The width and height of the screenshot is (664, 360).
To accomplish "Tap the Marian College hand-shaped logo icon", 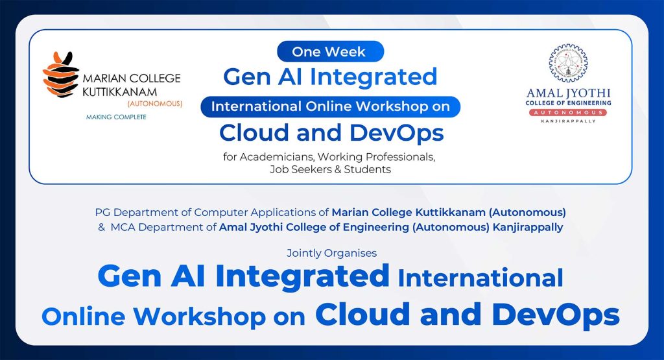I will pos(61,74).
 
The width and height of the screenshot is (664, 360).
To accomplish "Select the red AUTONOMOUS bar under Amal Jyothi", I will pos(568,112).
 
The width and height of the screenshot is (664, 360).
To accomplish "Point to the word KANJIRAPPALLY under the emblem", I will pos(568,121).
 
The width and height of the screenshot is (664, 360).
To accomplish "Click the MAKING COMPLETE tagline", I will pos(116,117).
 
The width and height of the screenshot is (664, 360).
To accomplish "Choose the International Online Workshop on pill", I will pos(330,106).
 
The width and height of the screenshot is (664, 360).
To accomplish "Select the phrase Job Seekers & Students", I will pos(330,169).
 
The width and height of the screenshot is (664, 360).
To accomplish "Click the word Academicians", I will pos(272,158).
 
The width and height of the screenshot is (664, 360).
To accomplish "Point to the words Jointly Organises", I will pos(331,253).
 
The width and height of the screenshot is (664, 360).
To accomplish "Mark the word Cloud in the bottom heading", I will pos(362,315).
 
